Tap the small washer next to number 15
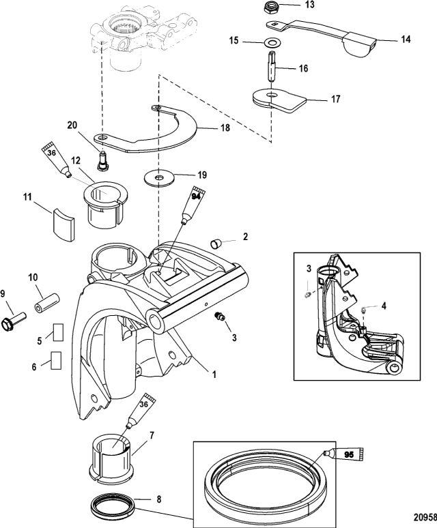tap(270, 43)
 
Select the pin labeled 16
tap(272, 66)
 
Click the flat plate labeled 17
tap(279, 100)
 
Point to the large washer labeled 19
tap(158, 177)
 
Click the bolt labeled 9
tap(14, 321)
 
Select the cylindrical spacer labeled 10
tap(47, 303)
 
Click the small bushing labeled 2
tap(215, 244)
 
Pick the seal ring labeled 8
tap(113, 503)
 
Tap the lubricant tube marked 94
tap(193, 205)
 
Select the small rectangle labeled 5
tap(58, 333)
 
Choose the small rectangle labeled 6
tap(56, 361)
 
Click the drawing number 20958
tap(425, 516)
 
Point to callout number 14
tap(406, 40)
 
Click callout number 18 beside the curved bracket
tap(225, 128)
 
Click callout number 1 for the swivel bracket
tap(214, 373)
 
